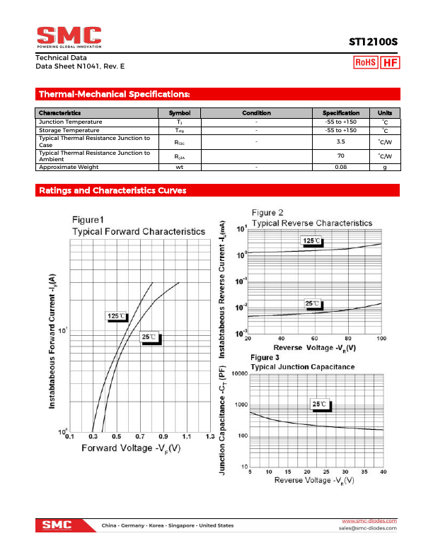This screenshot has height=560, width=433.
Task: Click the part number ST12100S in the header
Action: pos(373,42)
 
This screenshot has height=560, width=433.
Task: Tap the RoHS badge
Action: pos(366,63)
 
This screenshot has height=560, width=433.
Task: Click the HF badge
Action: pos(389,63)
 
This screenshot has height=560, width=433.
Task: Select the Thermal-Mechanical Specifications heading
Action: pos(114,94)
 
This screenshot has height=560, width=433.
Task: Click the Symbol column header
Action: pos(180,113)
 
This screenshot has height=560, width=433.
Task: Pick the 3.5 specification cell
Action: pos(340,141)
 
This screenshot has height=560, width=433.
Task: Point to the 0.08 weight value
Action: pos(340,167)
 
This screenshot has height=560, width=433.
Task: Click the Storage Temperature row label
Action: pos(69,130)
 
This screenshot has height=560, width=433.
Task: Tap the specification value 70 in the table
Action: pos(340,156)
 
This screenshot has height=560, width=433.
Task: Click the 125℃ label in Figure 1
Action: pos(117,316)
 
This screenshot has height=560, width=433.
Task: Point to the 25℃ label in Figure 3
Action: pos(320,404)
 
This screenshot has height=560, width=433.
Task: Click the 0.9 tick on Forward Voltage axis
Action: pos(163,437)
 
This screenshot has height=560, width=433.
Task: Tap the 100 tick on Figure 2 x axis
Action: pos(381,339)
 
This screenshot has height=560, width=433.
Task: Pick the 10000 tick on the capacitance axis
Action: pos(238,373)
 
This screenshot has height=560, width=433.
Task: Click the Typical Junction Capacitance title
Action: pos(303,367)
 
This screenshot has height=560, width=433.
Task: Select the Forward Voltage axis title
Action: pos(131,448)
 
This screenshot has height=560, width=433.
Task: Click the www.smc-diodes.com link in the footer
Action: pos(369,521)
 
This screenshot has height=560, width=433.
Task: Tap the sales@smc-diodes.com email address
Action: pos(367,528)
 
